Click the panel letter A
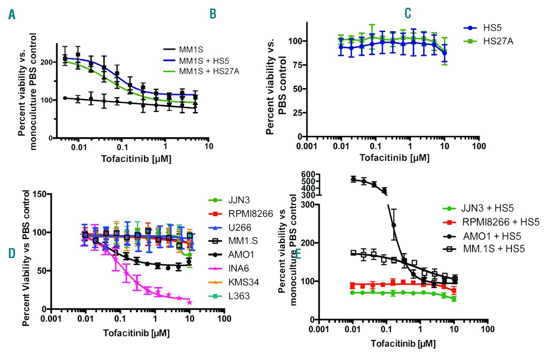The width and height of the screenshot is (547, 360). [x=12, y=14]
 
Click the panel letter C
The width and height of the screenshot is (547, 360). [x=408, y=13]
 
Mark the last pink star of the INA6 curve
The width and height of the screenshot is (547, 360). [x=190, y=302]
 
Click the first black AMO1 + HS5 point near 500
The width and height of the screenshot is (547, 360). [x=353, y=179]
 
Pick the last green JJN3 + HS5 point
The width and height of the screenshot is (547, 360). [x=454, y=299]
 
